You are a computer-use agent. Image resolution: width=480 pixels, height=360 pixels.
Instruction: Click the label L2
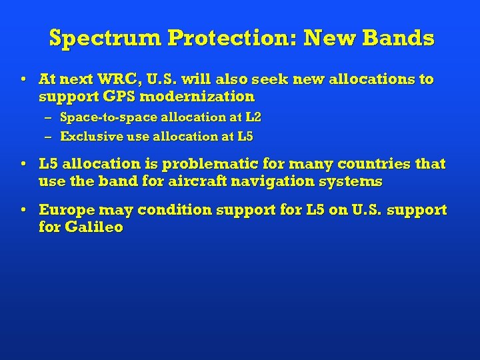pyautogui.click(x=253, y=117)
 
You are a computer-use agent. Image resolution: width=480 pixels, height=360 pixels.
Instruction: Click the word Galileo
pyautogui.click(x=94, y=227)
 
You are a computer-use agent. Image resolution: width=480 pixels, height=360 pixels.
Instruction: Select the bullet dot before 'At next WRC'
pyautogui.click(x=23, y=79)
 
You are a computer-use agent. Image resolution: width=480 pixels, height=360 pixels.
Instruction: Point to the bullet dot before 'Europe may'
pyautogui.click(x=23, y=209)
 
